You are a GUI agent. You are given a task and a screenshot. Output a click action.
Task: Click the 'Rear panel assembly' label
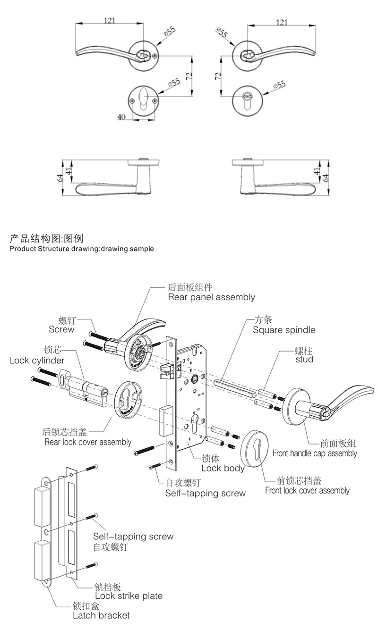click(211, 297)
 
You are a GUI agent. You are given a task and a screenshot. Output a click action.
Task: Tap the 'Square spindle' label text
click(283, 330)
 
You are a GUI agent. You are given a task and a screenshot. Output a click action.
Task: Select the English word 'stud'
click(304, 360)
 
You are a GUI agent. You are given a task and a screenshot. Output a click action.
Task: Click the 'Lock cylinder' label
click(37, 361)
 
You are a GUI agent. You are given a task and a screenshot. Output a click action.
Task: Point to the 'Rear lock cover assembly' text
click(88, 442)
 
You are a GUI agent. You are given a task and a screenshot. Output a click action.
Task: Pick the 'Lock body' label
click(223, 468)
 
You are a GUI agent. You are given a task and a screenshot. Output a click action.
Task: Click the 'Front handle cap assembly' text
click(315, 453)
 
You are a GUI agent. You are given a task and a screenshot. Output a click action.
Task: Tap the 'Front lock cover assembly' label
click(307, 490)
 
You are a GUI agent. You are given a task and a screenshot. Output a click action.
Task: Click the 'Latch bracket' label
click(101, 615)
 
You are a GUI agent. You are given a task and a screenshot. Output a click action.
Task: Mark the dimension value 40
click(121, 117)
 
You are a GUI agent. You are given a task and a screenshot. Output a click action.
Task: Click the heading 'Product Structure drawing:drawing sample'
click(81, 249)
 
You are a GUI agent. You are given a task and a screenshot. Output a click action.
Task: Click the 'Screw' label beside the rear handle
click(61, 329)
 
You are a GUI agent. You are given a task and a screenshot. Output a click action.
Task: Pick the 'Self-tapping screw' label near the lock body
click(205, 493)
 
